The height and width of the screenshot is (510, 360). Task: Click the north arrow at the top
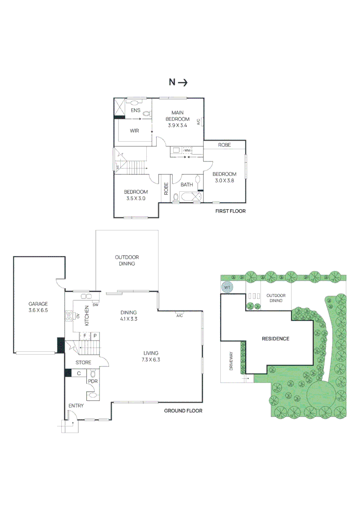[x=178, y=82]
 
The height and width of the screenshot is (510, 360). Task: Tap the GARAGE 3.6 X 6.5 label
[x=38, y=307]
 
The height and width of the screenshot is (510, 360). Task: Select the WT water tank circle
[x=227, y=288]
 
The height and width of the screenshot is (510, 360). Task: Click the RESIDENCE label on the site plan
[x=276, y=339]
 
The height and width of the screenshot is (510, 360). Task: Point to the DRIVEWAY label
[x=232, y=360]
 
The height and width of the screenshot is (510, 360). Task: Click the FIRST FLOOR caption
[x=230, y=211]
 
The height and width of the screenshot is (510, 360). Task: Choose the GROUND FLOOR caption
[x=183, y=411]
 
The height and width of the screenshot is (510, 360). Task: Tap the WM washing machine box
[x=187, y=151]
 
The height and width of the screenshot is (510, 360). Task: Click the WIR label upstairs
[x=134, y=131]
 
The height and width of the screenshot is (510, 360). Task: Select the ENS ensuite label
[x=136, y=110]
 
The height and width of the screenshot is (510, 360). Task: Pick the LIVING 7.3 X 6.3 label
[x=151, y=356]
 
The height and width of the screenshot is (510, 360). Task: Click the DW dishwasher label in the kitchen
[x=95, y=305]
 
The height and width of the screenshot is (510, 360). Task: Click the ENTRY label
[x=76, y=406]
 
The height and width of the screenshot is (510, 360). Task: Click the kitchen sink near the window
[x=86, y=297]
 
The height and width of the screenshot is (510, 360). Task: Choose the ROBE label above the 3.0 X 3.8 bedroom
[x=225, y=145]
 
